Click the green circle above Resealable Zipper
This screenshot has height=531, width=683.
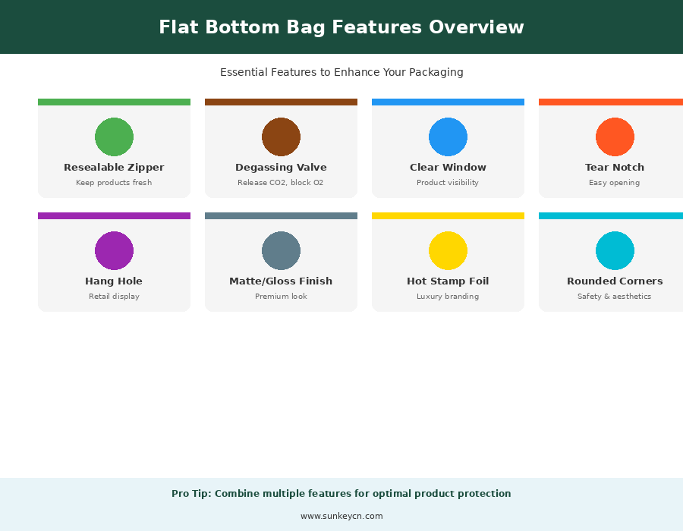(x=114, y=137)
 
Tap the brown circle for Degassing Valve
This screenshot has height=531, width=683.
(x=281, y=137)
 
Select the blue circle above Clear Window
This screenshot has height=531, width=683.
(x=448, y=137)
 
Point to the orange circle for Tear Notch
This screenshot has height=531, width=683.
(x=615, y=137)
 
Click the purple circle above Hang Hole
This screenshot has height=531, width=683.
(x=114, y=250)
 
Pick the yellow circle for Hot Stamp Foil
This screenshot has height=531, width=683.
(x=448, y=250)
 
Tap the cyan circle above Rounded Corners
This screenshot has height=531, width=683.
(x=615, y=250)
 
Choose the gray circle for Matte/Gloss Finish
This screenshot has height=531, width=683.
(x=281, y=250)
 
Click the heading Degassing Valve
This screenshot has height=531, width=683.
(x=281, y=168)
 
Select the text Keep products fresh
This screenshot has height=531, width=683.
(x=114, y=183)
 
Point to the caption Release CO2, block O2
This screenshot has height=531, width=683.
(x=281, y=183)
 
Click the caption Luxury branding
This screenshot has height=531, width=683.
(x=448, y=297)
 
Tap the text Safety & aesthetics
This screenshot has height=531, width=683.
(x=614, y=297)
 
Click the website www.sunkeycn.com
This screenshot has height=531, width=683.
(x=341, y=516)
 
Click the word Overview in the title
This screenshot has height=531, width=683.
(x=476, y=27)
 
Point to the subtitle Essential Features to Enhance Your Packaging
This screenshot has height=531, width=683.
(x=341, y=72)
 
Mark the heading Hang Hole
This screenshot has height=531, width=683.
(x=114, y=281)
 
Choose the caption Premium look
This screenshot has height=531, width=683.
(x=281, y=297)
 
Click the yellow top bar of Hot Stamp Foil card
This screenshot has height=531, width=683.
(x=448, y=215)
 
